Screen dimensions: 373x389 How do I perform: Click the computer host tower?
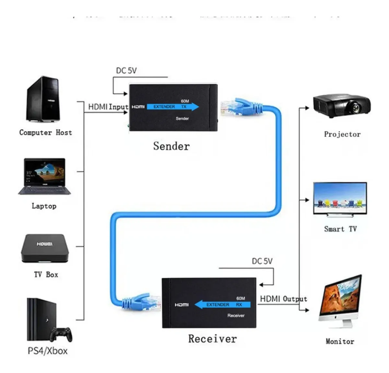coord(43,100)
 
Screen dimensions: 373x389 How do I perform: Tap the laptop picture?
coord(44,176)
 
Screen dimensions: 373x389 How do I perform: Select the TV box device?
coord(45,248)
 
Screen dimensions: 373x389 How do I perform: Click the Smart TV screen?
coord(340,198)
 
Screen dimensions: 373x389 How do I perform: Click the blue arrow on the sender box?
coord(173,107)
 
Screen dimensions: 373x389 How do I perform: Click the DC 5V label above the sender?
coord(126,70)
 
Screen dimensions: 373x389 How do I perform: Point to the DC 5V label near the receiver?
coord(262,261)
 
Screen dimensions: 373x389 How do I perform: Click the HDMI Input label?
coord(108,107)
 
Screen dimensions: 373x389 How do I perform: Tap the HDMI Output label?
coord(283,299)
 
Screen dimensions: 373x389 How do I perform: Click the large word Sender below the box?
coord(171,146)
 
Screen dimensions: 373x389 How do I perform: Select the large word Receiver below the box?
coord(212,339)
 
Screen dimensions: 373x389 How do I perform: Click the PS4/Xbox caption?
coord(48,351)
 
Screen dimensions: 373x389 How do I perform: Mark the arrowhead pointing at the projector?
coord(307,108)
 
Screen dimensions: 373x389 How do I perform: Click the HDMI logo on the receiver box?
coord(182,305)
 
